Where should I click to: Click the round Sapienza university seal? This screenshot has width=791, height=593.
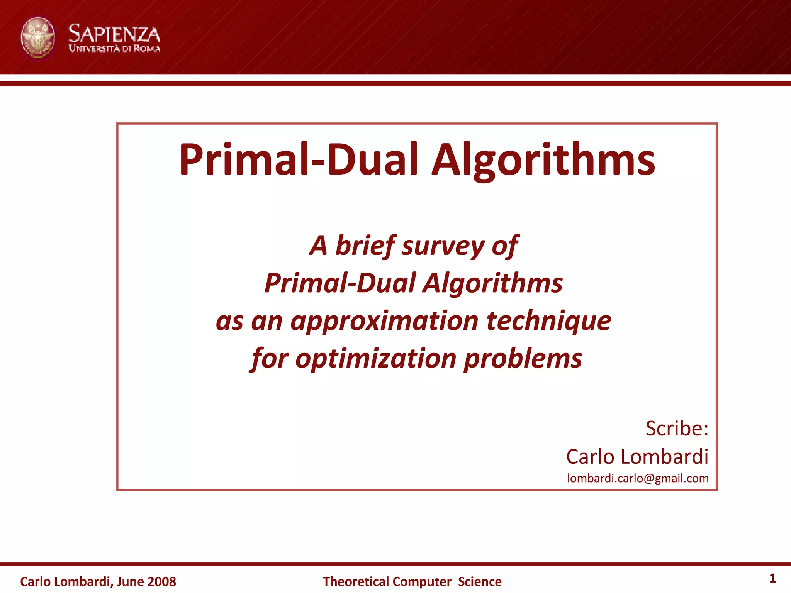coord(37,38)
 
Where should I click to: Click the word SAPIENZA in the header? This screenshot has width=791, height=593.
coord(114,34)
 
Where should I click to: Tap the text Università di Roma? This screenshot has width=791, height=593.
coord(114,49)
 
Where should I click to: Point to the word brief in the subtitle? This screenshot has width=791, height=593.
coord(365,246)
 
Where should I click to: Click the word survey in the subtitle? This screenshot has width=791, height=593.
coord(443,246)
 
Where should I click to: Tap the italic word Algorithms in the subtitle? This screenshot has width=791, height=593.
coord(492,283)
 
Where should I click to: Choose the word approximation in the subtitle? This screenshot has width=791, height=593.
coord(384,321)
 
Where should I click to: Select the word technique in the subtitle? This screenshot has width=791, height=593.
coord(548,321)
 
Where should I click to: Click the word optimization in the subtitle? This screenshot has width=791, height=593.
coord(375,359)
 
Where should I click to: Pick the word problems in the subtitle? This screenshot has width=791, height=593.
coord(523,359)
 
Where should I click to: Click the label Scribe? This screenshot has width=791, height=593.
coord(677,428)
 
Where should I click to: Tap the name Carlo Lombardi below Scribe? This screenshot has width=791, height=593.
coord(637,456)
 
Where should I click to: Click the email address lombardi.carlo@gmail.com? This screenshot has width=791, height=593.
coord(638,478)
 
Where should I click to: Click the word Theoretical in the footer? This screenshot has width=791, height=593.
coord(355,581)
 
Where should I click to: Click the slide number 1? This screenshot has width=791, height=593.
coord(772,578)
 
